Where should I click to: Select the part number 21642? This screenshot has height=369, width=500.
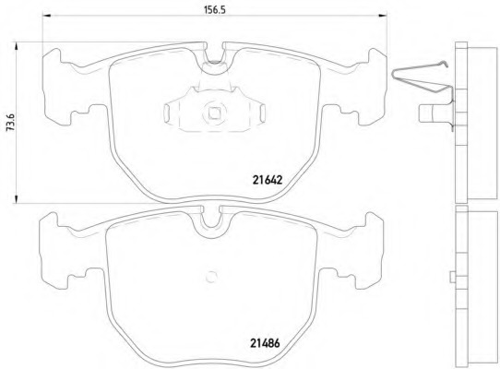[267, 179]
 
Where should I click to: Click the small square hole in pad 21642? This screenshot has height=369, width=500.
[214, 116]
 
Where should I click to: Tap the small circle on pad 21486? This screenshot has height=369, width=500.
[211, 274]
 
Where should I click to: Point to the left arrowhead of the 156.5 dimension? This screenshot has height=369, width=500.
[48, 17]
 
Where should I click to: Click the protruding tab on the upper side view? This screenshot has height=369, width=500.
[431, 114]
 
